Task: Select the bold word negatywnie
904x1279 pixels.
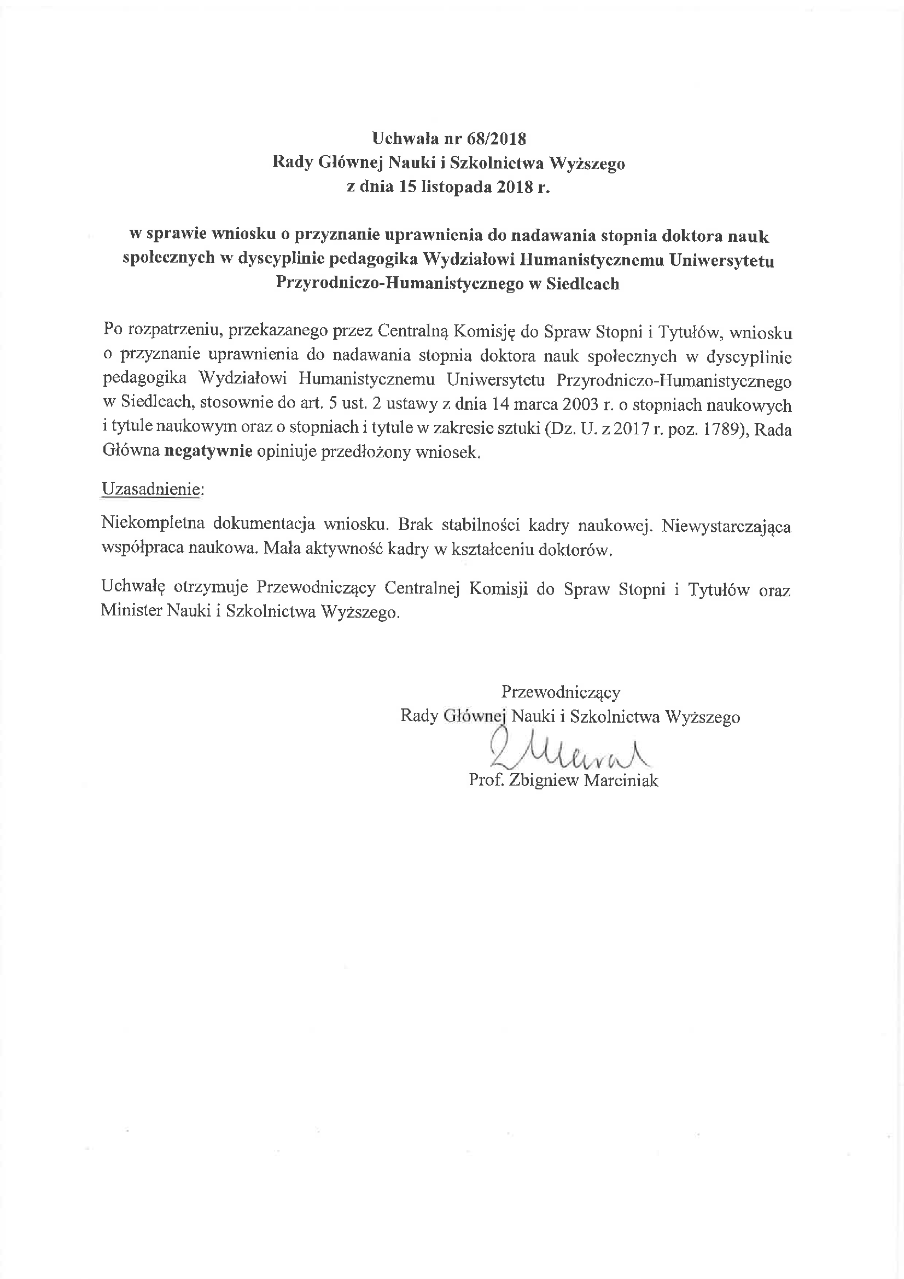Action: tap(208, 451)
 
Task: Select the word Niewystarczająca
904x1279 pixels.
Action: tap(726, 525)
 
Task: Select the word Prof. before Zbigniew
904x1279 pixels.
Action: tap(486, 781)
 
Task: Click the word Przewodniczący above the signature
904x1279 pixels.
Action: tap(561, 692)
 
